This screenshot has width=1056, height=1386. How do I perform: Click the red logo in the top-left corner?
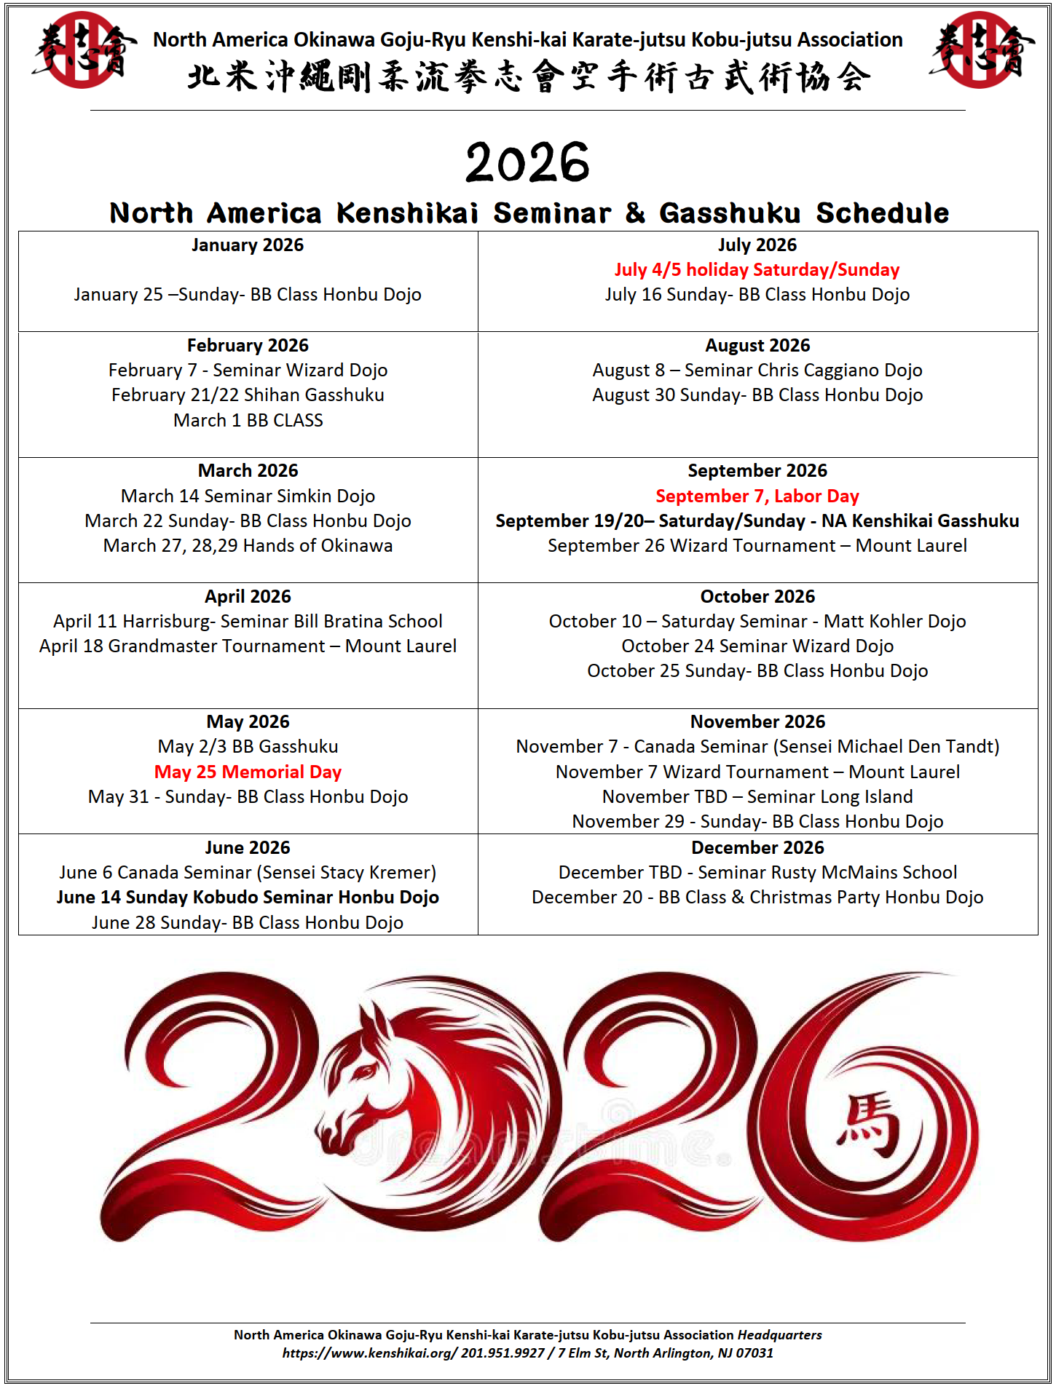tap(82, 49)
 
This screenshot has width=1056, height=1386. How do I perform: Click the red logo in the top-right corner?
tap(980, 49)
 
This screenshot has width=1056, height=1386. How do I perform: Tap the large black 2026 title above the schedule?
tap(527, 162)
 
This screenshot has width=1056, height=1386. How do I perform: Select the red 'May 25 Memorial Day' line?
tap(248, 772)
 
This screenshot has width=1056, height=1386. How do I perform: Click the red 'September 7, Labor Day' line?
tap(757, 496)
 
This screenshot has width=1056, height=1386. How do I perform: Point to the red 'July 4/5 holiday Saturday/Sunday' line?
tap(757, 270)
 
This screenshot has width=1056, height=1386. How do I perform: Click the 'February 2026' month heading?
tap(248, 345)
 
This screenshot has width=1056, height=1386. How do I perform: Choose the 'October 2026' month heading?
tap(757, 596)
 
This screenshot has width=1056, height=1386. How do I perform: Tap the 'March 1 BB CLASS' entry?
tap(248, 420)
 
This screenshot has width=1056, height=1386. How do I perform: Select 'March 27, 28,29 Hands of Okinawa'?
tap(248, 545)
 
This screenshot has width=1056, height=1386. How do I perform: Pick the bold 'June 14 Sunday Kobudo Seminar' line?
tap(248, 897)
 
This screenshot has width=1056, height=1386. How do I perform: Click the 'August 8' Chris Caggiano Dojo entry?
tap(757, 370)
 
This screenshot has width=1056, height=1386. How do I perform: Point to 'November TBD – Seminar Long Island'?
tap(757, 796)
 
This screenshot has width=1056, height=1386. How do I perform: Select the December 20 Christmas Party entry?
tap(757, 897)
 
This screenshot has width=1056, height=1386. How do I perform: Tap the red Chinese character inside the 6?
tap(868, 1123)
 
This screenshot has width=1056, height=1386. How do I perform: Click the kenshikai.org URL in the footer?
tap(370, 1353)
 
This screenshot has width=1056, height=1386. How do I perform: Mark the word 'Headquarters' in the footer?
tap(779, 1334)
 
